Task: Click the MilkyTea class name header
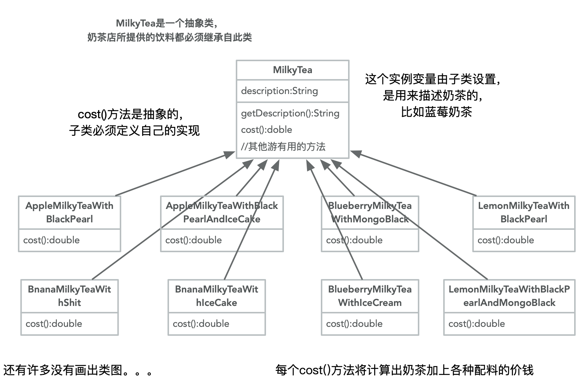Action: click(292, 70)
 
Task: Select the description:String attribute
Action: click(279, 91)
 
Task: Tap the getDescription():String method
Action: click(290, 113)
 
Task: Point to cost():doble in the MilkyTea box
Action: click(266, 129)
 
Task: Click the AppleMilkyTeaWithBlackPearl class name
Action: click(69, 212)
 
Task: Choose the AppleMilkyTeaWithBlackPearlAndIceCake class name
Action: click(222, 212)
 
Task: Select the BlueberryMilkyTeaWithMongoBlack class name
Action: click(370, 212)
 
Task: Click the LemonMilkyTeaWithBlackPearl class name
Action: click(523, 212)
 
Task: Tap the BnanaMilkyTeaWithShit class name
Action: click(69, 296)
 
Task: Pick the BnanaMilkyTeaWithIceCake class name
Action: click(216, 296)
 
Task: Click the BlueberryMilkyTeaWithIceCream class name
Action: click(370, 296)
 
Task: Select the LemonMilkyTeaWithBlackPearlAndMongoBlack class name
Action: click(509, 296)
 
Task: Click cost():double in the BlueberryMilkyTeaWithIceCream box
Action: click(354, 323)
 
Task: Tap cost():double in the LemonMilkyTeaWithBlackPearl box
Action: click(506, 240)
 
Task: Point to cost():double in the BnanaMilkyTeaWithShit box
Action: click(54, 323)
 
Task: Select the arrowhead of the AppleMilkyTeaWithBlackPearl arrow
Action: click(230, 154)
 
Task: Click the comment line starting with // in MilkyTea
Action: click(283, 147)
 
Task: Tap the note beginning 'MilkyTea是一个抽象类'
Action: click(169, 30)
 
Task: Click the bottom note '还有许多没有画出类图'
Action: click(78, 370)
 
